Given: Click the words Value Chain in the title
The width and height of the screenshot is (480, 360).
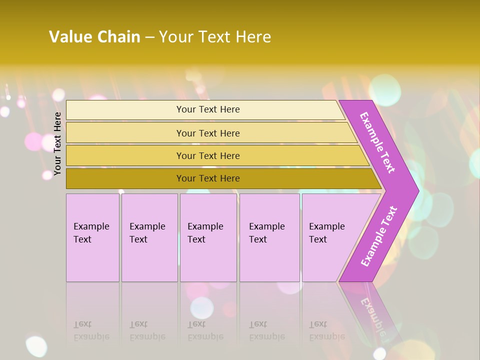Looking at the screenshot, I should click(x=94, y=37).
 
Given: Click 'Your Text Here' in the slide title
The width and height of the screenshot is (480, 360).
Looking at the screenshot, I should click(x=215, y=37).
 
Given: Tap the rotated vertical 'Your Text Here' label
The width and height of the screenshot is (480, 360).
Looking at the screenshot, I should click(x=58, y=143).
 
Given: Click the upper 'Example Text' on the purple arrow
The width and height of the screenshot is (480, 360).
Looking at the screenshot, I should click(x=377, y=142).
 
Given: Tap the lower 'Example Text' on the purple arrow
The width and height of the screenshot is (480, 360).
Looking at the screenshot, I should click(x=379, y=236).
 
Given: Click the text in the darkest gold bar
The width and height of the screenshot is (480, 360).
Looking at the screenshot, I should click(x=208, y=178).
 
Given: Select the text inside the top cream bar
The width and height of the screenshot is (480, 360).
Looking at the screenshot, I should click(x=208, y=109).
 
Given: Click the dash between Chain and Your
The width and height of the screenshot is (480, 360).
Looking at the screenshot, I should click(x=149, y=37).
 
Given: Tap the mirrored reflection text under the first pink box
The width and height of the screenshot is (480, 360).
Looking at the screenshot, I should click(x=91, y=330).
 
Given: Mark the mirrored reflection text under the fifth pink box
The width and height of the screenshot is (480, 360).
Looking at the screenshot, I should click(x=326, y=330).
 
